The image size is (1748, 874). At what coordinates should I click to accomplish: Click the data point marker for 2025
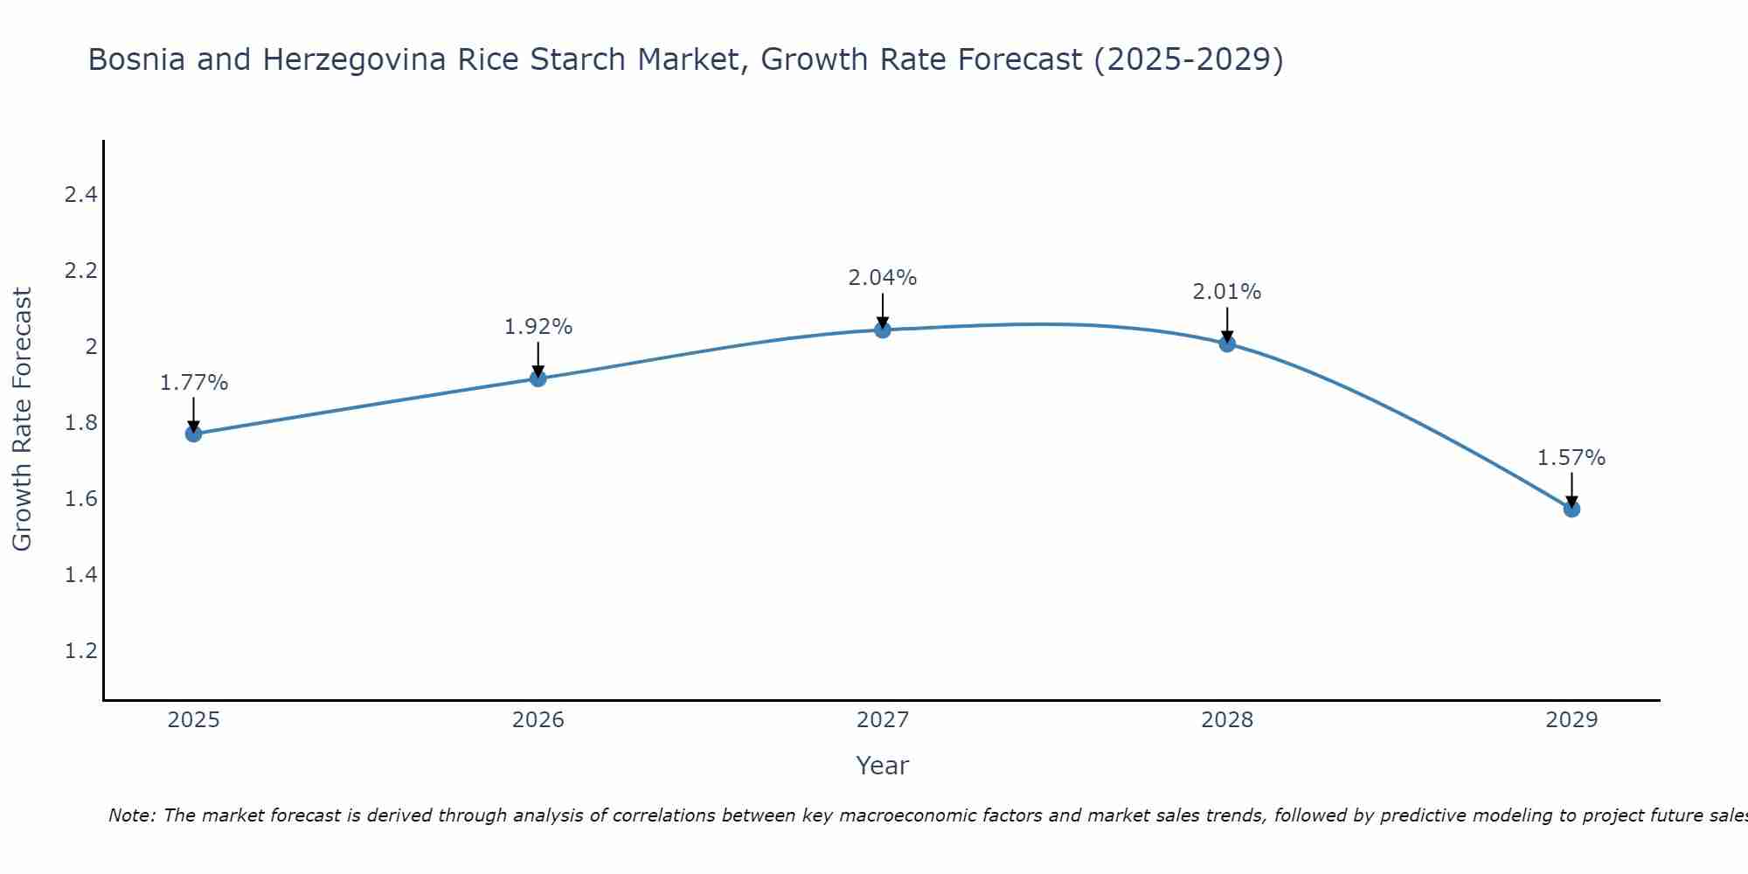point(193,434)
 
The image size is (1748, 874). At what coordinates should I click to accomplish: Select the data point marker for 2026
point(538,378)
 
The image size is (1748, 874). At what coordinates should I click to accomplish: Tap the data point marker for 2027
point(883,329)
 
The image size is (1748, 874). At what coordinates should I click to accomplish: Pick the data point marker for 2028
point(1227,343)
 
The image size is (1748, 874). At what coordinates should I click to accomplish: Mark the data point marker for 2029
point(1571,509)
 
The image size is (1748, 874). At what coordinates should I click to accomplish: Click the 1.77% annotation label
point(193,383)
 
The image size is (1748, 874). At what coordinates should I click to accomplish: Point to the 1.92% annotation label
point(538,327)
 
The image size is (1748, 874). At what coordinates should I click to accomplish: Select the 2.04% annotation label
point(883,278)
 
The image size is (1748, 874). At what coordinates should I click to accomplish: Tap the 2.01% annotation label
point(1227,292)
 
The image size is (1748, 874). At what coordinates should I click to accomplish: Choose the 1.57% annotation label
point(1571,458)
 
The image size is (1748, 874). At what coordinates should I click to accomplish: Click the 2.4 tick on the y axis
point(80,195)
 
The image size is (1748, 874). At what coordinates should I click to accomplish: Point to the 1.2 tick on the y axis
point(80,651)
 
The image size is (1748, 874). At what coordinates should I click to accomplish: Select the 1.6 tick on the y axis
point(80,499)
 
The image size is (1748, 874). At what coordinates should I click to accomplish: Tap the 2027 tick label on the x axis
point(883,720)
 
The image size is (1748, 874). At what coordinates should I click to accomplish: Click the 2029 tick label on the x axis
point(1571,720)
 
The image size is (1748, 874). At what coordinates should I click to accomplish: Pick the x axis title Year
point(883,766)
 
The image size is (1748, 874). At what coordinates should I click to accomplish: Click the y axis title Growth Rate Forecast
point(23,420)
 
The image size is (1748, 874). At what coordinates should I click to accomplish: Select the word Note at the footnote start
point(130,815)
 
